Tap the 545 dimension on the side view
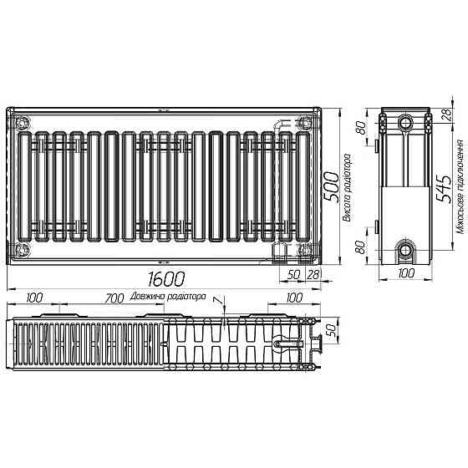(x=447, y=186)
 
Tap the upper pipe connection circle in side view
(x=407, y=121)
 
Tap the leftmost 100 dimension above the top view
(x=35, y=298)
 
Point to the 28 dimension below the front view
(x=314, y=274)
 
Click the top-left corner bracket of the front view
(x=22, y=121)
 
